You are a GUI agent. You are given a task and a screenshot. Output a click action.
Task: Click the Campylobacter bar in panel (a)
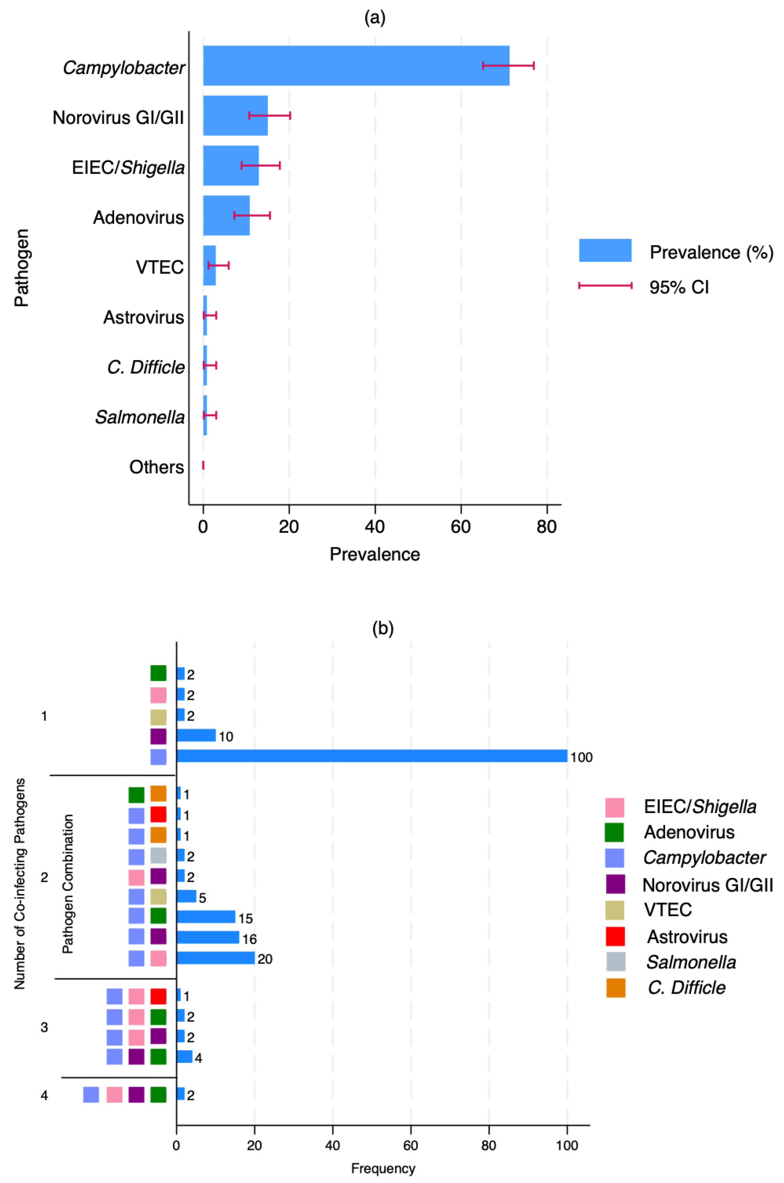(356, 66)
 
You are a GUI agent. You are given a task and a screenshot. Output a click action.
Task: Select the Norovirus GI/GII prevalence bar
(235, 115)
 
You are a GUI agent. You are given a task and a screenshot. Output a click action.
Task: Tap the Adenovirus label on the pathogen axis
(138, 217)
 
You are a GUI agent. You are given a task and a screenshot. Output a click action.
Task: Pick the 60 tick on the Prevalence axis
(461, 527)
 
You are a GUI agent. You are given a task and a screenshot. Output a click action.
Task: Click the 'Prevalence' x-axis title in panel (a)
(374, 554)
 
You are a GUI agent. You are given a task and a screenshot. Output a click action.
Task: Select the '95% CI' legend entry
(678, 287)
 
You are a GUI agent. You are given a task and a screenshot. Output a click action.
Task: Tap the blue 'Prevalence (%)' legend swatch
(605, 250)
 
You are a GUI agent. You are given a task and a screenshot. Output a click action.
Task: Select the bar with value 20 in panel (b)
(215, 958)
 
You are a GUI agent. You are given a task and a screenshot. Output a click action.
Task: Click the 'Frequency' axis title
(383, 1168)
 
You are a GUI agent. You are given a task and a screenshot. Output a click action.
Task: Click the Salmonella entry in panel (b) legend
(691, 962)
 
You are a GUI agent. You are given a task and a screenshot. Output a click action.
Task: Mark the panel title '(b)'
(382, 628)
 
